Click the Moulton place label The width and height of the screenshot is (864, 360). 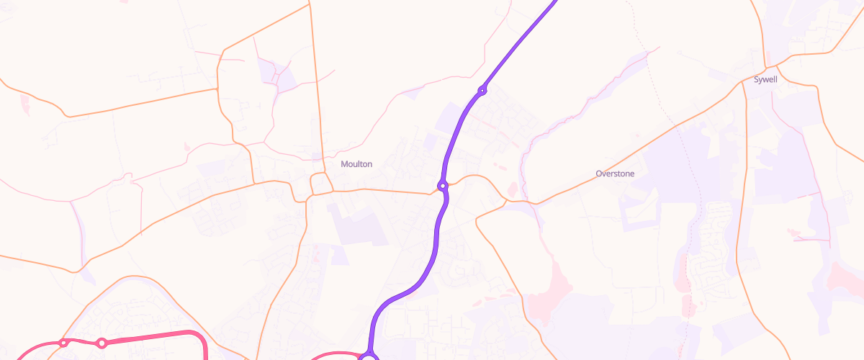(x=356, y=164)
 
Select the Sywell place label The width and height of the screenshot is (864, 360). (x=765, y=79)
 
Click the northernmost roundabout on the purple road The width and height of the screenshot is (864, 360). (x=482, y=90)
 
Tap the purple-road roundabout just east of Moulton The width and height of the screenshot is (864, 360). (x=442, y=186)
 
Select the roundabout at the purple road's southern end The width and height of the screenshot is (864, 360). (x=369, y=356)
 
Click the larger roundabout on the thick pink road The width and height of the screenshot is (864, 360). (x=102, y=343)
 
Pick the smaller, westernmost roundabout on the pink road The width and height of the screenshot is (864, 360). (x=63, y=343)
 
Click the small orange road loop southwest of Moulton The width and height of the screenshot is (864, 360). (x=320, y=184)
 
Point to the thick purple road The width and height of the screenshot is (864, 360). (x=436, y=245)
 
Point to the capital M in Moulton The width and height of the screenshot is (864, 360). (x=344, y=164)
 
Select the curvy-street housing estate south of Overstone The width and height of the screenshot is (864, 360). (x=713, y=245)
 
